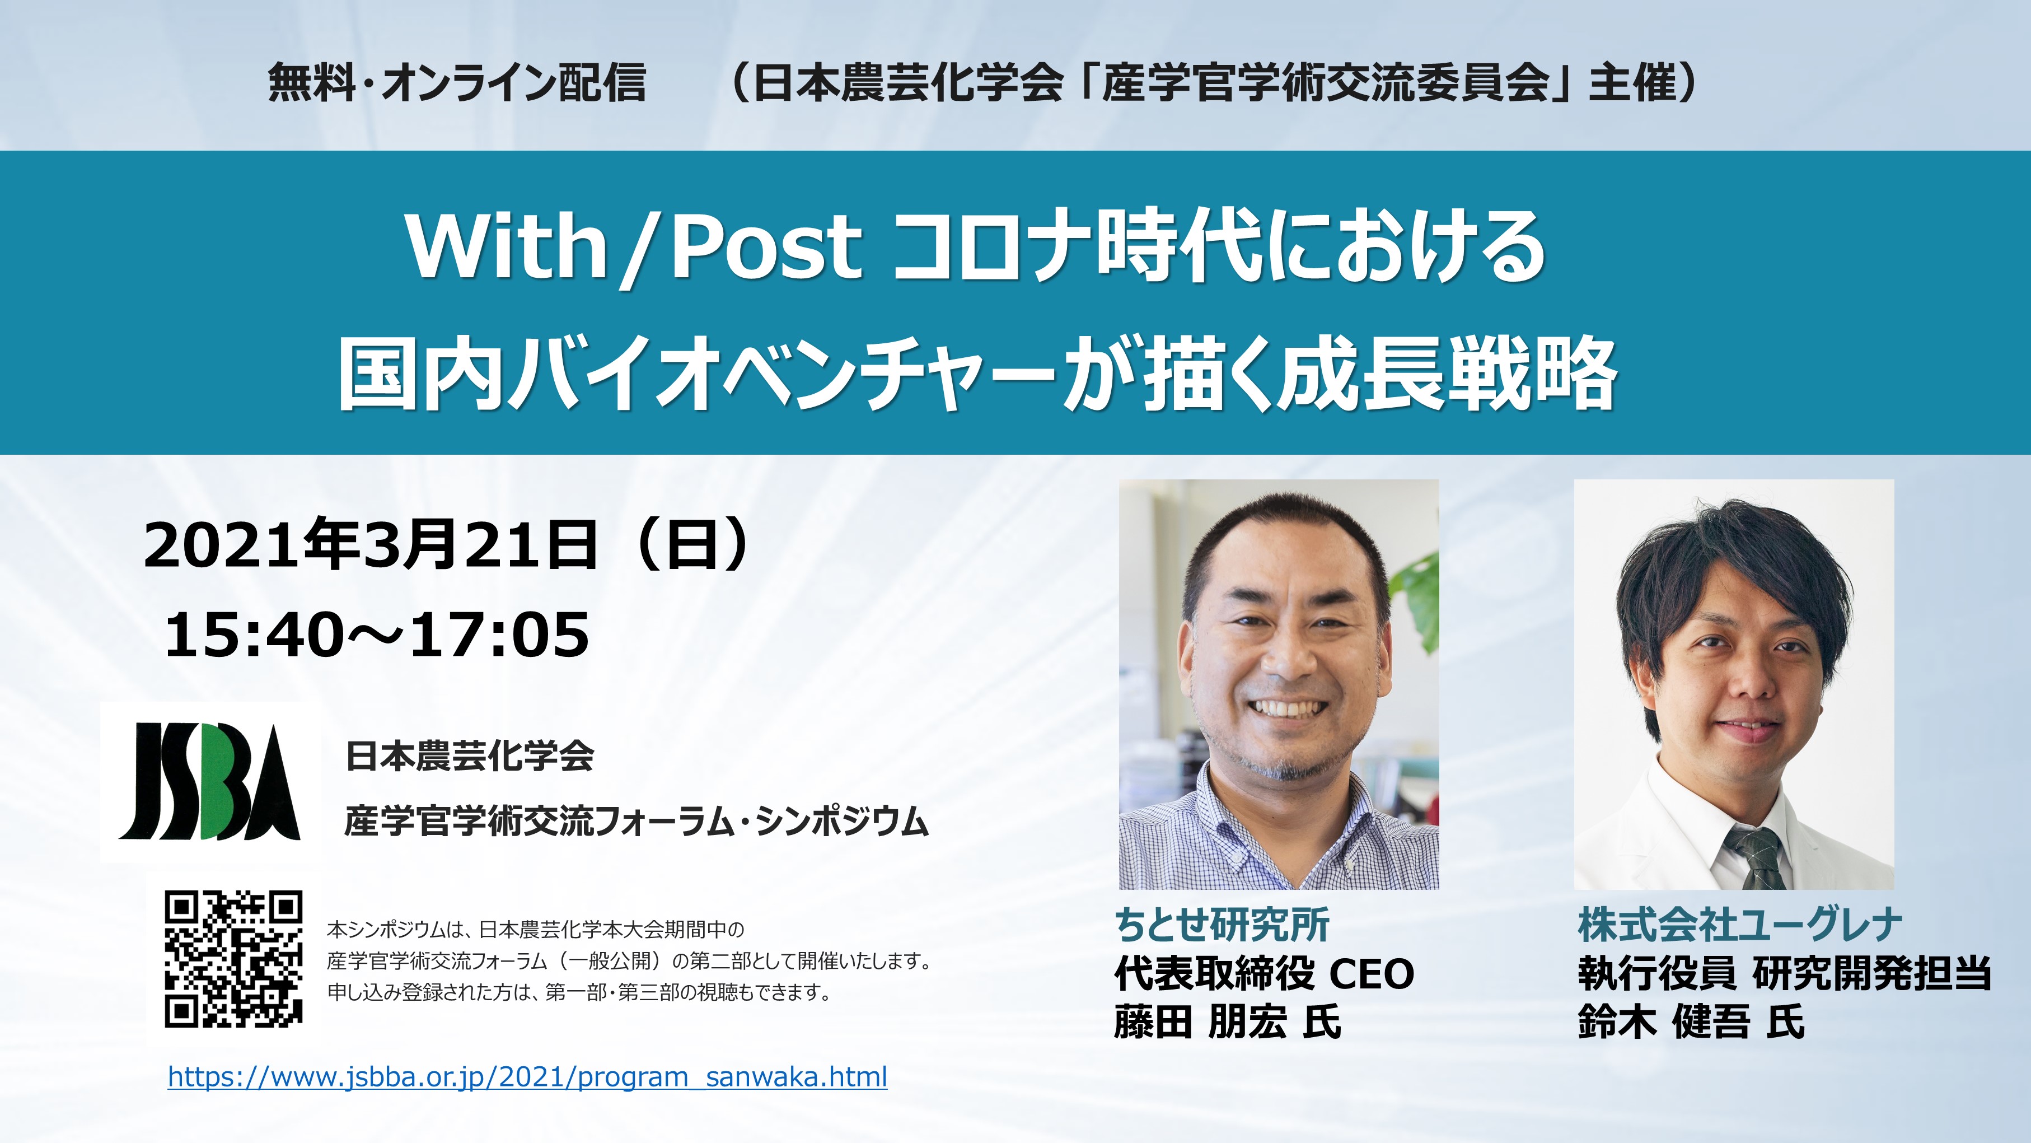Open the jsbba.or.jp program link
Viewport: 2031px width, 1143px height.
point(527,1077)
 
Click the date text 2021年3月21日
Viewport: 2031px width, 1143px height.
point(370,544)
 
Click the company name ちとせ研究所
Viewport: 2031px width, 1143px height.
point(1222,925)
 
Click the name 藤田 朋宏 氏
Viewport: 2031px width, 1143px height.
point(1228,1022)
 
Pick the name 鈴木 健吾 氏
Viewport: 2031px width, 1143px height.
point(1691,1022)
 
